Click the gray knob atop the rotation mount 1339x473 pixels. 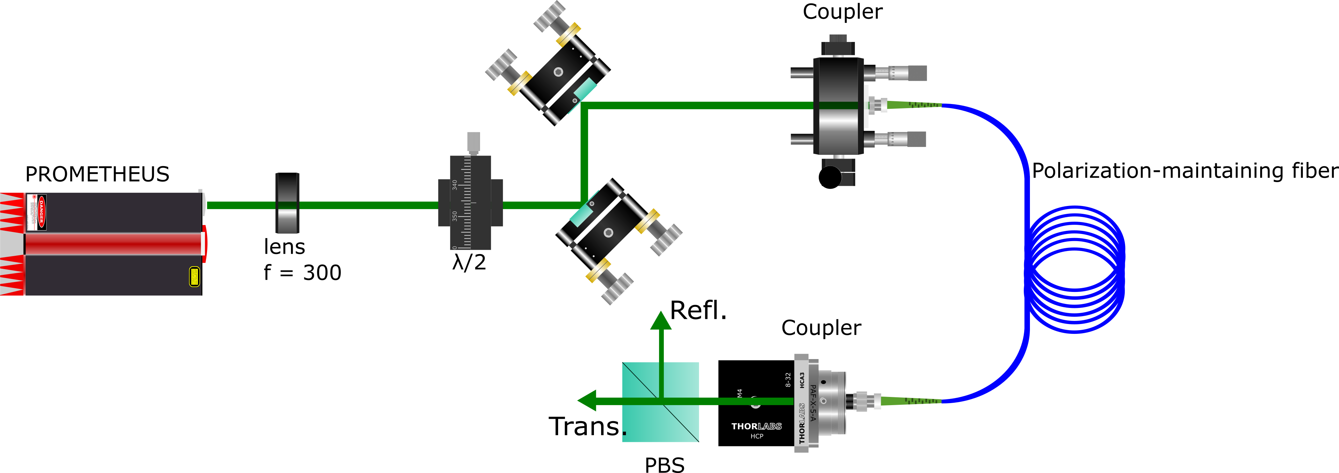[x=473, y=142]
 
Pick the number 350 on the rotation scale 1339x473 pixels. [x=455, y=216]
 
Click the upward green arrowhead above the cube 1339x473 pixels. [x=661, y=321]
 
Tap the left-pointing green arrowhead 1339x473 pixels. [x=587, y=401]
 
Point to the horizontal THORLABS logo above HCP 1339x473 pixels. [x=756, y=426]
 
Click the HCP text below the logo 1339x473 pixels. [x=757, y=437]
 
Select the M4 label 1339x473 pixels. [x=740, y=394]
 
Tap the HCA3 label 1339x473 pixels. [x=802, y=380]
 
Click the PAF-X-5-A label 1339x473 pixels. [x=813, y=403]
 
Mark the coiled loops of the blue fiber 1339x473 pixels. [x=1076, y=269]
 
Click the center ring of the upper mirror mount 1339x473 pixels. [x=558, y=72]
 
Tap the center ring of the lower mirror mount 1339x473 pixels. [x=608, y=232]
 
